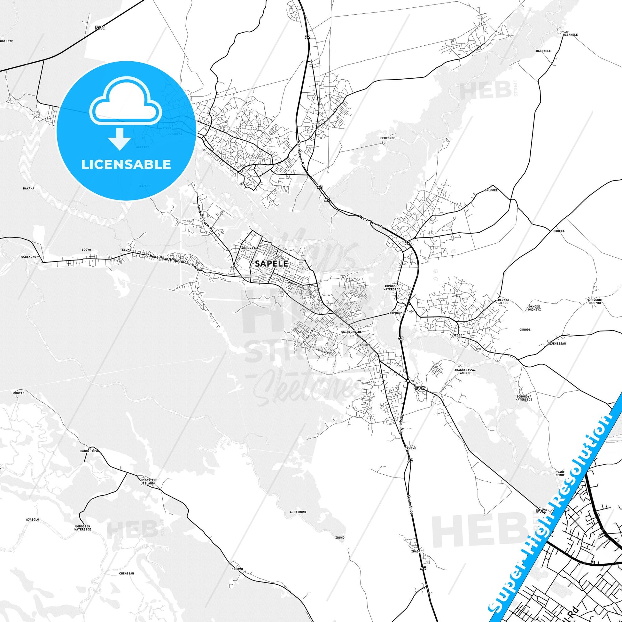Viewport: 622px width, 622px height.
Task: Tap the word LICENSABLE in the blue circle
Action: pyautogui.click(x=126, y=165)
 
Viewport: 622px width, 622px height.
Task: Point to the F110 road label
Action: pyautogui.click(x=100, y=28)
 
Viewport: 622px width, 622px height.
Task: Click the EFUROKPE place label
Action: pyautogui.click(x=387, y=138)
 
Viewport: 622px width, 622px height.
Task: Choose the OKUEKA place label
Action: pyautogui.click(x=559, y=231)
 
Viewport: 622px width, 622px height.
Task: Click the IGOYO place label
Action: pyautogui.click(x=87, y=250)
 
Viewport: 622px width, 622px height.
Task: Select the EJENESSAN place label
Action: pyautogui.click(x=557, y=344)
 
